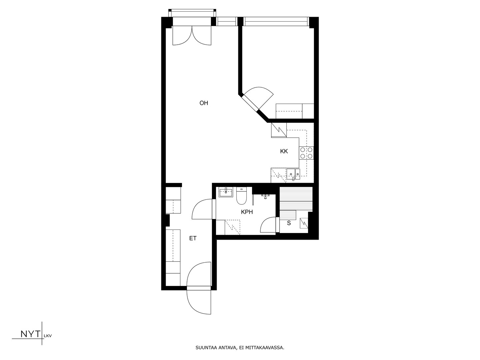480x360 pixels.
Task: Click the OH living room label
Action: (204, 103)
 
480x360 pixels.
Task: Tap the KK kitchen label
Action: (284, 151)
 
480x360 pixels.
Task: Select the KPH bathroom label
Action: (247, 212)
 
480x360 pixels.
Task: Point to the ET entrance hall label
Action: (193, 238)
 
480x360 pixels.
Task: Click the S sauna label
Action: (289, 223)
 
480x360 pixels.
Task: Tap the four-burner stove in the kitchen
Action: (306, 153)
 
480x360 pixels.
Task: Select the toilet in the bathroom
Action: (241, 196)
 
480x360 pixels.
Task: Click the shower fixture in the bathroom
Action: (265, 196)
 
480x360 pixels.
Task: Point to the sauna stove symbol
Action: (304, 223)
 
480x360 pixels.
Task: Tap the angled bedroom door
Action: (258, 98)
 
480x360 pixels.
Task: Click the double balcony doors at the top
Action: (192, 35)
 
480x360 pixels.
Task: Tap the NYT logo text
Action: (30, 334)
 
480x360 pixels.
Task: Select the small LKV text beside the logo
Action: (48, 336)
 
